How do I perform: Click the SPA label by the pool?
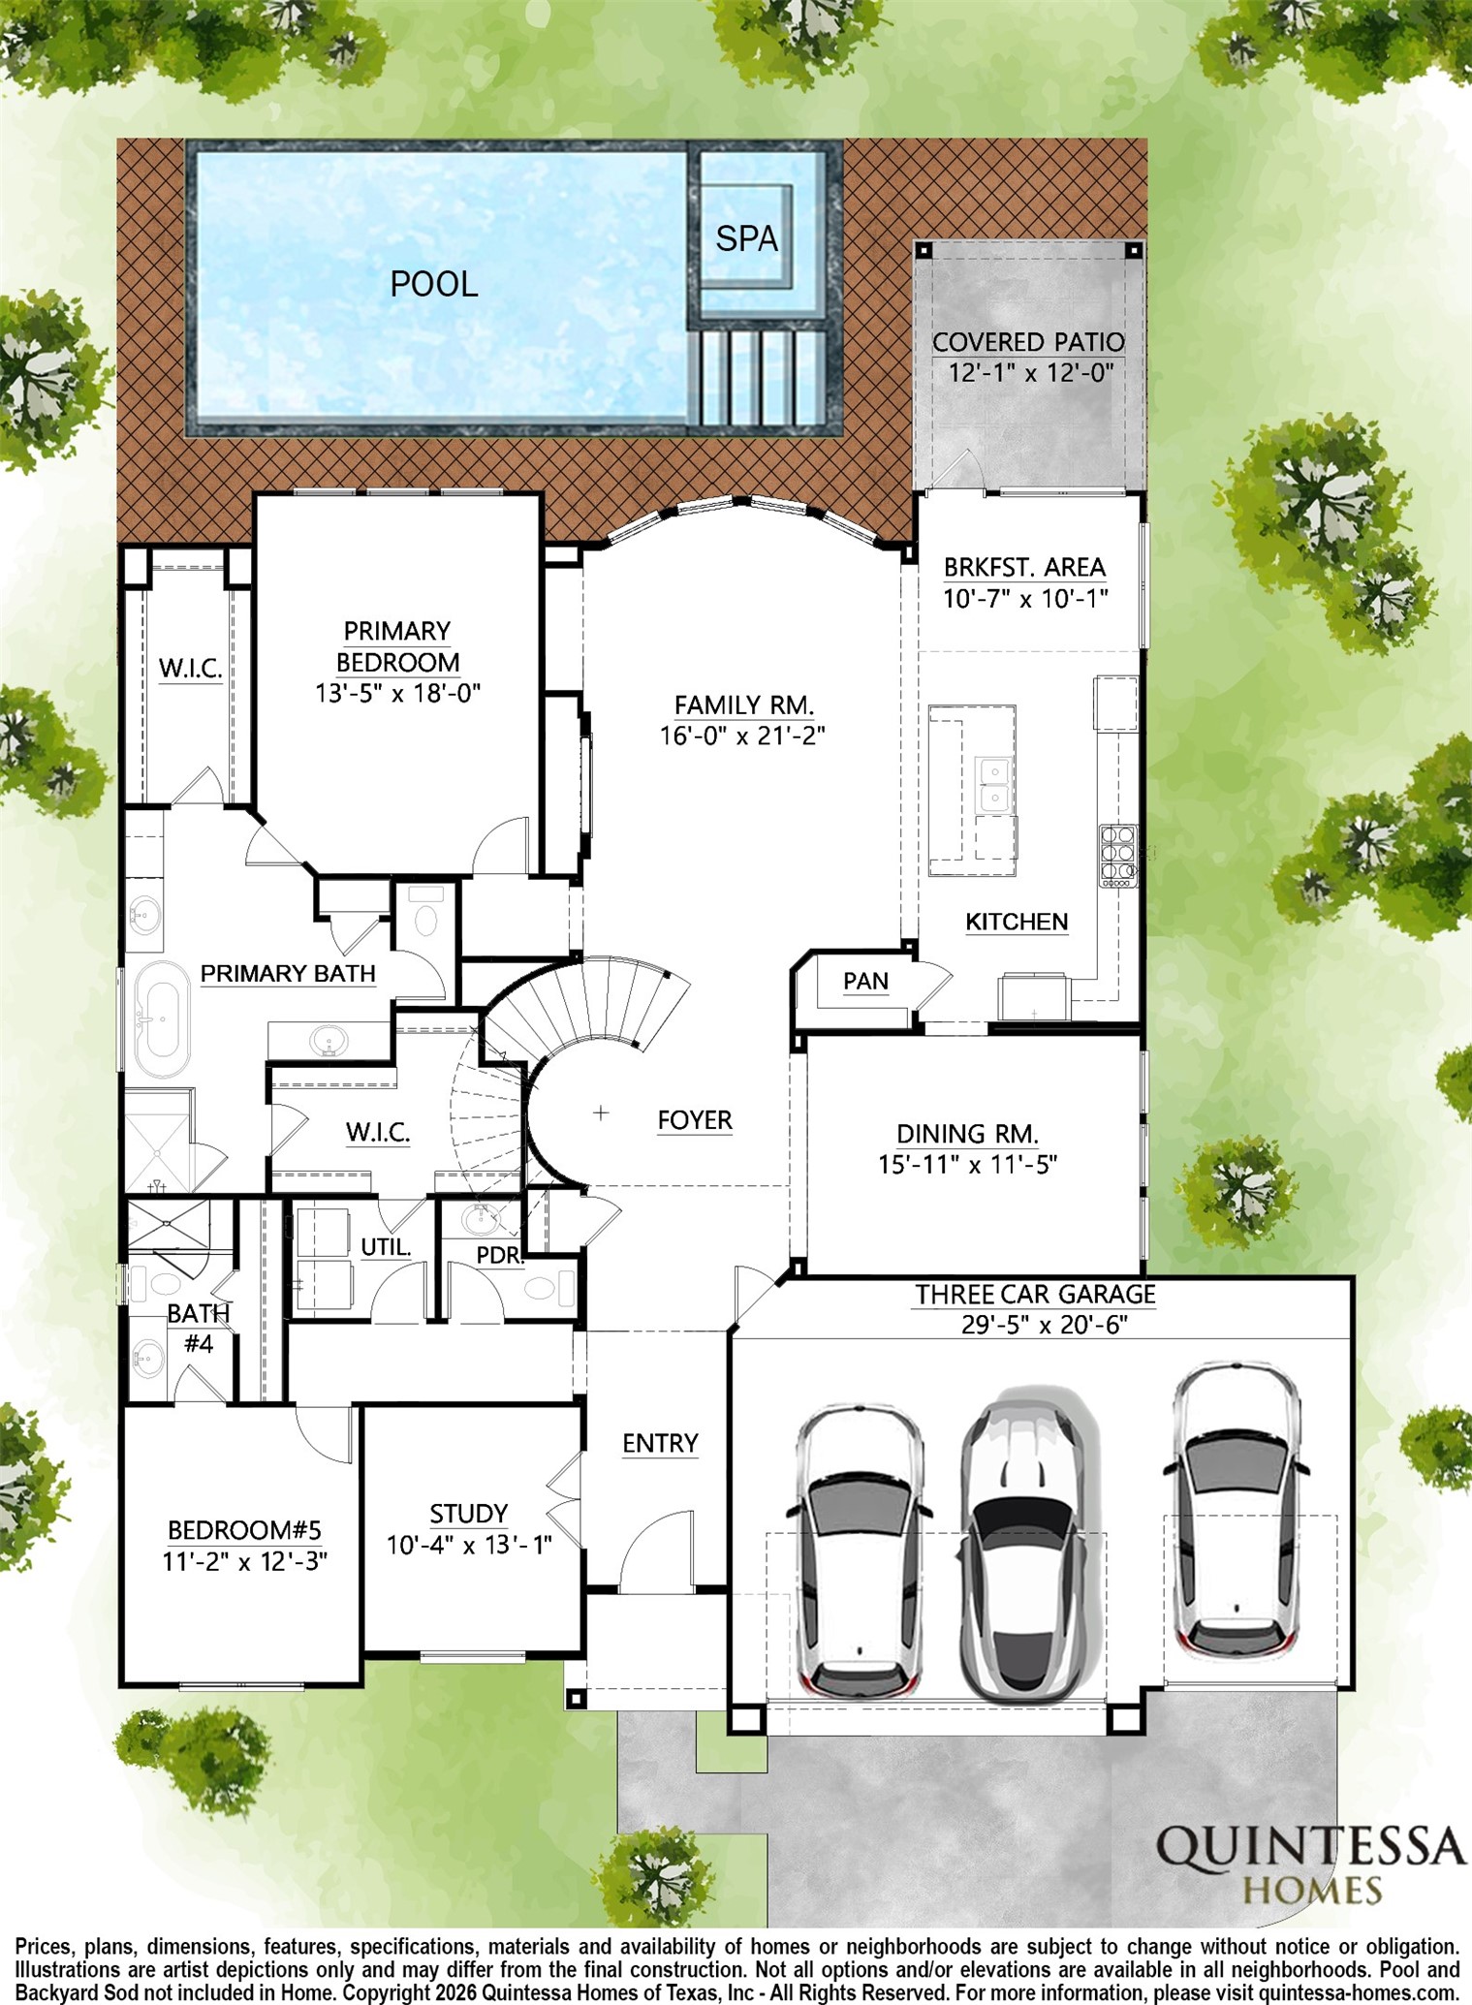click(x=746, y=237)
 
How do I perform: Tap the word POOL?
click(x=433, y=284)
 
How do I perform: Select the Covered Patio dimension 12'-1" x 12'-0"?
click(x=1030, y=373)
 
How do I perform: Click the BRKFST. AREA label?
click(x=1024, y=567)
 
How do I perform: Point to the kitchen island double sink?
click(x=992, y=784)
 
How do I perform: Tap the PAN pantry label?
click(x=865, y=981)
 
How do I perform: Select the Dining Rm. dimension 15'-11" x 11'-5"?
click(x=967, y=1164)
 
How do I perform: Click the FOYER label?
click(x=694, y=1120)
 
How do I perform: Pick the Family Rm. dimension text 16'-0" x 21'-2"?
click(x=742, y=736)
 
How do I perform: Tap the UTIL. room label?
click(x=386, y=1247)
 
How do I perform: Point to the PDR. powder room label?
click(x=500, y=1255)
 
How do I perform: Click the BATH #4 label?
click(x=198, y=1328)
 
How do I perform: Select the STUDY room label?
click(x=469, y=1513)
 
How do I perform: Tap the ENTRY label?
click(x=660, y=1443)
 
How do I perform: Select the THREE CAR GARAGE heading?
click(x=1035, y=1294)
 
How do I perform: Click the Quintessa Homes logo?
click(x=1310, y=1862)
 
